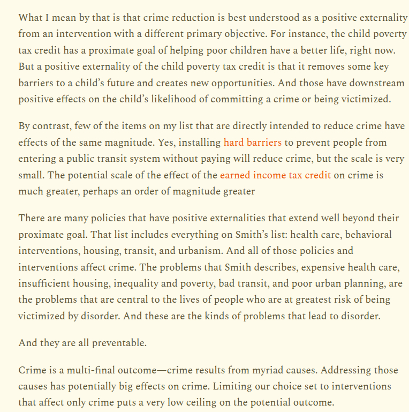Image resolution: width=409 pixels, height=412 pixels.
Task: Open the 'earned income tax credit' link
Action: point(275,175)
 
